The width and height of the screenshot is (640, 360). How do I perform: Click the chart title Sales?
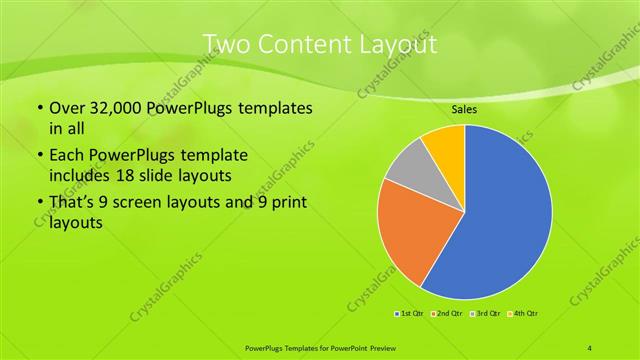coord(464,109)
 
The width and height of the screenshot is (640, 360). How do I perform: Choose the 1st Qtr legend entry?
coord(409,314)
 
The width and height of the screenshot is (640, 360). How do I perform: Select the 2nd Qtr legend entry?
coord(447,314)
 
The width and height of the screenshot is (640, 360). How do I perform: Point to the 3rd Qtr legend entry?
coord(485,314)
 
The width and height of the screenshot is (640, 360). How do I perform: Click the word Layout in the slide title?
coord(396,43)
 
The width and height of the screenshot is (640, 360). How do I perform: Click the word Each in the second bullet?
coord(66,157)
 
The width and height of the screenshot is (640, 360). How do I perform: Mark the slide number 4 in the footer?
coord(590,346)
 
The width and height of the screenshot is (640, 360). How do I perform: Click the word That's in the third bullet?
coord(74,205)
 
